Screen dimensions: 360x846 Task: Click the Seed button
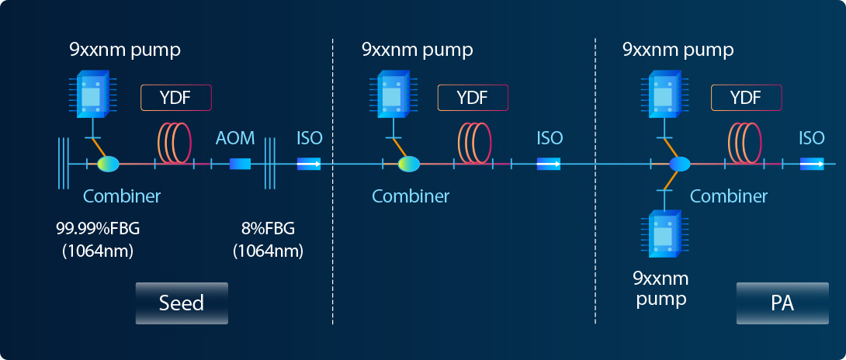pos(182,303)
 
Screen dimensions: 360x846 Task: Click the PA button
pos(782,303)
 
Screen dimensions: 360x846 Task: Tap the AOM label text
pos(234,138)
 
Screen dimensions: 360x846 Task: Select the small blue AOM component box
pos(240,164)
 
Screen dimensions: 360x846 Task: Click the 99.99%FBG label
pos(98,230)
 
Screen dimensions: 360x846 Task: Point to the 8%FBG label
pos(268,230)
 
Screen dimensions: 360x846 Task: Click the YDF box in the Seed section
pos(176,98)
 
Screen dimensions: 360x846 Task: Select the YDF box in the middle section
pos(473,98)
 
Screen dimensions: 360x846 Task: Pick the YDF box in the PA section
pos(746,98)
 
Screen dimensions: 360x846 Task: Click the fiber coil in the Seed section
pos(175,142)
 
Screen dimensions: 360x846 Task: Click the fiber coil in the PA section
pos(746,142)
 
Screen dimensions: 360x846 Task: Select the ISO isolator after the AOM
pos(309,164)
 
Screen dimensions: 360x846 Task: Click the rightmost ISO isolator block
pos(812,164)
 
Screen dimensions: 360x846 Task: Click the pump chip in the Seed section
pos(92,95)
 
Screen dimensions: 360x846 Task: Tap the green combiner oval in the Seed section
pos(108,164)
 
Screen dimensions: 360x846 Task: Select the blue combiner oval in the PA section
pos(679,164)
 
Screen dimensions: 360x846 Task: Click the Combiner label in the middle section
pos(411,196)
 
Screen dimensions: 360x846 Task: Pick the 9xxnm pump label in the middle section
pos(417,50)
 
